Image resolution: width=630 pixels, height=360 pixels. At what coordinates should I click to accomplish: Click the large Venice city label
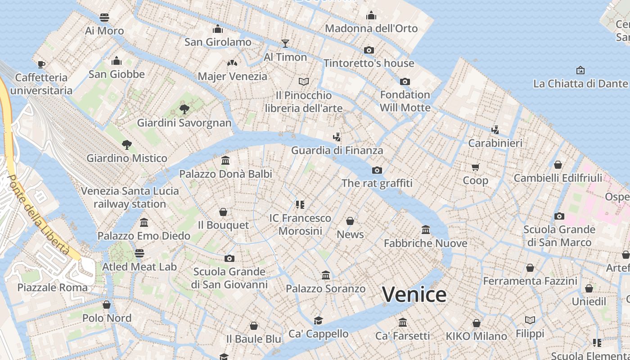coord(414,295)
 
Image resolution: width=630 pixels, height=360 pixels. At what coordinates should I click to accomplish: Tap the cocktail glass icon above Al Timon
coord(285,43)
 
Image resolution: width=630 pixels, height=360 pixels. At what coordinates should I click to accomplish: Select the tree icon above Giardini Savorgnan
coord(184,108)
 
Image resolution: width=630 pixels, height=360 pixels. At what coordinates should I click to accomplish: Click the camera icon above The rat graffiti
coord(377,170)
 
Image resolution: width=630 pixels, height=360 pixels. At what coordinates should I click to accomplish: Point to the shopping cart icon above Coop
coord(476,167)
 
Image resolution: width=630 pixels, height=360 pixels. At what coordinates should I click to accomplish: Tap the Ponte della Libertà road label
coord(39,215)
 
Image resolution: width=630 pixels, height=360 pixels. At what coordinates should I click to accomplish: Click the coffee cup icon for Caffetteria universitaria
coord(41,64)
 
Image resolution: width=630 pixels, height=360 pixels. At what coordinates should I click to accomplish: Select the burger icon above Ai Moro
coord(104,18)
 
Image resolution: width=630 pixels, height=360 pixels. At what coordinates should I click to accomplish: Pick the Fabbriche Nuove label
coord(425,243)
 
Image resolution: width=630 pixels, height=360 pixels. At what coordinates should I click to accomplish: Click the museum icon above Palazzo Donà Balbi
coord(225,160)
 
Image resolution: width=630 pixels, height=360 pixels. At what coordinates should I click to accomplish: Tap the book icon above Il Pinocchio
coord(304,81)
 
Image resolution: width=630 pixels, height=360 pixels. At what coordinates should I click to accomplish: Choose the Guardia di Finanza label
coord(337,150)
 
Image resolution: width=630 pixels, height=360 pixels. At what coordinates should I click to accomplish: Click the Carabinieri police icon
coord(495,130)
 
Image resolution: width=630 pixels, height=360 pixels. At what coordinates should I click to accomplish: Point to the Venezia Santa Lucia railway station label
coord(130,198)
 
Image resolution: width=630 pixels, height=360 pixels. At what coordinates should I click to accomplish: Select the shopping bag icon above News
coord(350,221)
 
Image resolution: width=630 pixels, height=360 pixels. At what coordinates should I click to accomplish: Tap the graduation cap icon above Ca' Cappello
coord(319,320)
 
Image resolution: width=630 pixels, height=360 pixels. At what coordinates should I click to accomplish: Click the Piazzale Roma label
coord(53,287)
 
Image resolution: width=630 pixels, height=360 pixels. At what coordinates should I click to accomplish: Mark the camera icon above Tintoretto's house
coord(369,50)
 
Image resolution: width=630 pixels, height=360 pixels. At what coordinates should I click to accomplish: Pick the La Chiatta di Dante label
coord(580,84)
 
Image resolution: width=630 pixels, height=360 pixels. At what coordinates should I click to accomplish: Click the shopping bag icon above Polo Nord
coord(107,305)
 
